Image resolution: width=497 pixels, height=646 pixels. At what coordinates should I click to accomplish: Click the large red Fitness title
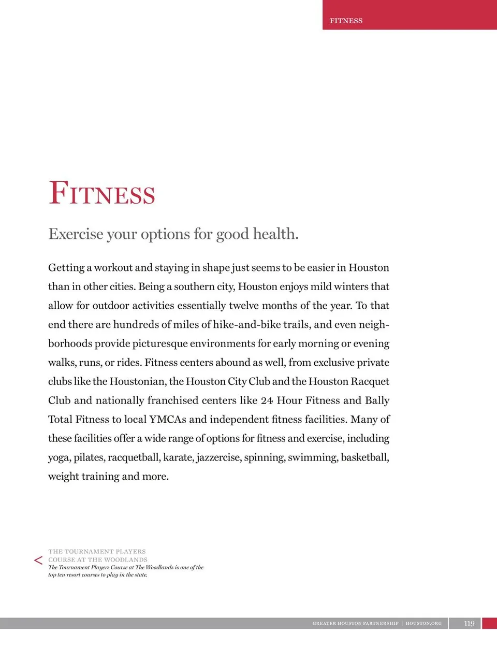(102, 193)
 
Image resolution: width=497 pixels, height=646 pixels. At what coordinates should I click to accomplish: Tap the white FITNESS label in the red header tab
(346, 21)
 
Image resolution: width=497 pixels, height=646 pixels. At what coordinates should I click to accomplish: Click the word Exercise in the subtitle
(76, 234)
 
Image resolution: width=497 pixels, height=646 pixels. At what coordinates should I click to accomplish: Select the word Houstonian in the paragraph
(137, 382)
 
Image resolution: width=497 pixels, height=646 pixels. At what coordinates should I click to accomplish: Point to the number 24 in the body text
(267, 400)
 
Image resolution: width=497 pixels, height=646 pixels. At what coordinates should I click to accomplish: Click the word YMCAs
(167, 420)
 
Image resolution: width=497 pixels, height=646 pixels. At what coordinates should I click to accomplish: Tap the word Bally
(377, 400)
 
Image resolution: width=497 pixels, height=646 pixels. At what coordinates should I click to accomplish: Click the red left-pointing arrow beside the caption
(38, 560)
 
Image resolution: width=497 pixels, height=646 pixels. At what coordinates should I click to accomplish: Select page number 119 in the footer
(469, 623)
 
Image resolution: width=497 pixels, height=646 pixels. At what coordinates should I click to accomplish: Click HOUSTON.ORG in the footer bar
(423, 623)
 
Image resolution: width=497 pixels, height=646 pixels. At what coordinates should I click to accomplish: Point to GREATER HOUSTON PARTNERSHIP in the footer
(355, 623)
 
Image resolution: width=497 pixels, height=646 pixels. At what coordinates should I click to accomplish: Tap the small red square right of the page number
(489, 623)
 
